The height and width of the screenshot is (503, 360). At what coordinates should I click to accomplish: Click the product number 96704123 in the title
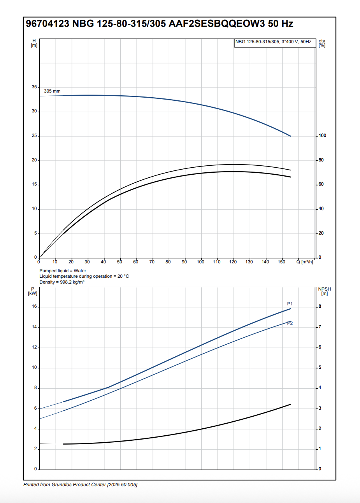click(x=47, y=24)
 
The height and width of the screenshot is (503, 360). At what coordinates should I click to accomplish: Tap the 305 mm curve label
click(x=52, y=91)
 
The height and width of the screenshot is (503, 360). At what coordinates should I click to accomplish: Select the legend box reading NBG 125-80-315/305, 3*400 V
click(x=273, y=42)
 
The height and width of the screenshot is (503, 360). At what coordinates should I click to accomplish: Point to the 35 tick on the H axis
click(x=35, y=87)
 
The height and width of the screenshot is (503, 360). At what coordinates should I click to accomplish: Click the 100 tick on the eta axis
click(x=322, y=136)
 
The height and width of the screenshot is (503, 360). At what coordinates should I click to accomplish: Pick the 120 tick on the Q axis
click(x=233, y=262)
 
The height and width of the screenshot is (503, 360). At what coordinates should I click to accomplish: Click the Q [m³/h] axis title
click(x=304, y=262)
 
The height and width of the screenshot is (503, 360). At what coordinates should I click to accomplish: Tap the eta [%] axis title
click(x=322, y=43)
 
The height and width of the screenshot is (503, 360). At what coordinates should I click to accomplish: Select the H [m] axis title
click(x=34, y=43)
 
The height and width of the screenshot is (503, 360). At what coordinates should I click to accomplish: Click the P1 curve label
click(x=290, y=304)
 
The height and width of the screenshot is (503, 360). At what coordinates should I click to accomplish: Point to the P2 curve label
click(x=290, y=324)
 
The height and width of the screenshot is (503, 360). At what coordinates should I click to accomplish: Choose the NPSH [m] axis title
click(x=324, y=291)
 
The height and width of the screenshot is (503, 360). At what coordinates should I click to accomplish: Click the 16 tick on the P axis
click(x=34, y=307)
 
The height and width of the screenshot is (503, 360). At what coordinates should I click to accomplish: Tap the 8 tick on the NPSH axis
click(x=320, y=307)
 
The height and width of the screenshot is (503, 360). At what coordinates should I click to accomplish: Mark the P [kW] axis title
click(x=33, y=291)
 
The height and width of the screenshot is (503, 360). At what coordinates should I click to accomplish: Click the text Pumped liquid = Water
click(x=63, y=271)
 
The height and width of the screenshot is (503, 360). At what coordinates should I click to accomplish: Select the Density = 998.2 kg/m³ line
click(x=61, y=282)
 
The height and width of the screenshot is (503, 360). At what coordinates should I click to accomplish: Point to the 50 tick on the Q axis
click(x=119, y=262)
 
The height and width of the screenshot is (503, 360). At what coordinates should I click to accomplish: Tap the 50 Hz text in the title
click(x=280, y=24)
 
